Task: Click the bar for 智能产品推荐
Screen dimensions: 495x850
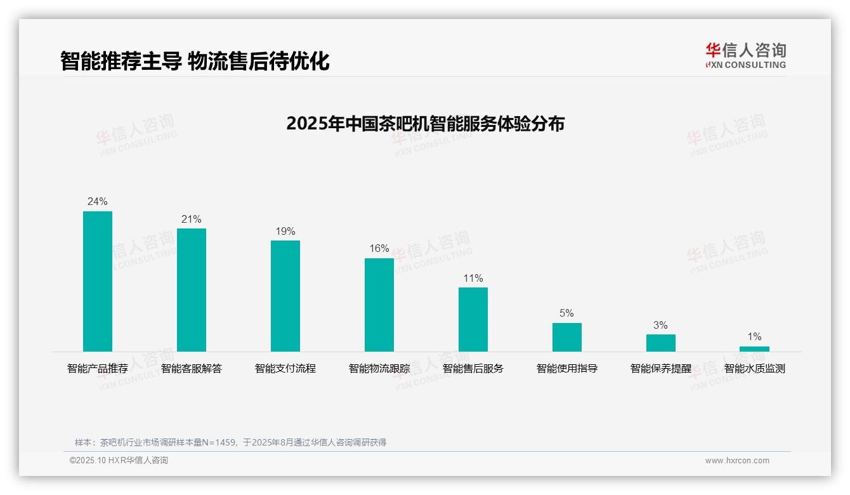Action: (x=98, y=281)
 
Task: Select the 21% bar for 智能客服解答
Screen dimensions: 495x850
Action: (x=192, y=290)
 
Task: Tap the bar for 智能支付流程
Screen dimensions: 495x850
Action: (x=285, y=296)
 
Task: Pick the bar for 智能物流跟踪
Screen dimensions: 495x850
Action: (x=379, y=305)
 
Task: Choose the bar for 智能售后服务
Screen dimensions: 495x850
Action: (x=473, y=319)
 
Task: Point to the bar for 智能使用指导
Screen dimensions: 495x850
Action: (x=567, y=337)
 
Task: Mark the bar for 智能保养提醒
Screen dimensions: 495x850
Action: (x=661, y=343)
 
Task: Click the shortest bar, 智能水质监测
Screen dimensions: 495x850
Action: (x=754, y=349)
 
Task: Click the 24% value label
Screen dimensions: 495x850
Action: (x=98, y=202)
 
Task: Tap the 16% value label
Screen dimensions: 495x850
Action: (x=379, y=249)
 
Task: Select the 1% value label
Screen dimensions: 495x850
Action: (x=754, y=337)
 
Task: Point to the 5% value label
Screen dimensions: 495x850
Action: (x=567, y=313)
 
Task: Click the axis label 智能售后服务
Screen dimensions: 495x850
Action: (x=473, y=369)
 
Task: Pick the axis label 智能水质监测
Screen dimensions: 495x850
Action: (x=755, y=369)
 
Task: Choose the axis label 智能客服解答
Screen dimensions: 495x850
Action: (x=192, y=369)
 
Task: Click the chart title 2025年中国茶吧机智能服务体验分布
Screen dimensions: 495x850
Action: (x=425, y=124)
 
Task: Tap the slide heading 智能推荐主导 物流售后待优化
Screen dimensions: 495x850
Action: (x=195, y=62)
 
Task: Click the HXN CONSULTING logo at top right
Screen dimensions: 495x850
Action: (x=745, y=56)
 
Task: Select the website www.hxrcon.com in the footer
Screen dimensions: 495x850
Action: (x=737, y=461)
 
